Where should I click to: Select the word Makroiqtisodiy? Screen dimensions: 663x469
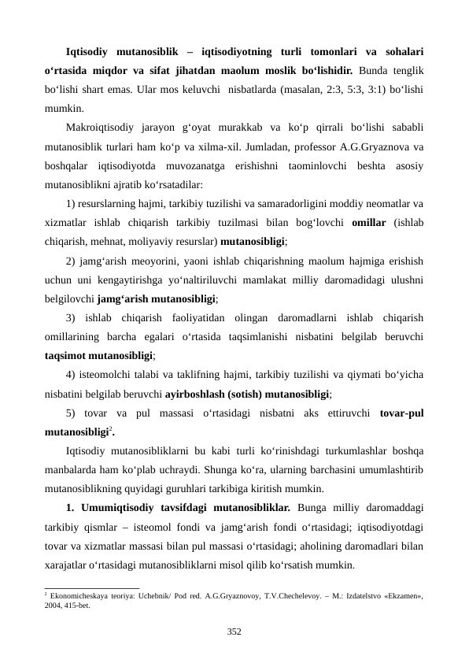pos(97,126)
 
